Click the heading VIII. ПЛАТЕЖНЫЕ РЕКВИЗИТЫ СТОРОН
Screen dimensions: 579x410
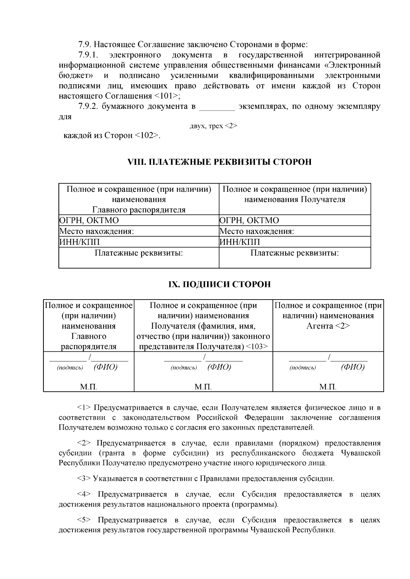(x=219, y=162)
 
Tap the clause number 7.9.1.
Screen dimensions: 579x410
(x=88, y=55)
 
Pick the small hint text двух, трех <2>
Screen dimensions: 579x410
(x=213, y=126)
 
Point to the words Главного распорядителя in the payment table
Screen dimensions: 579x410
(x=139, y=209)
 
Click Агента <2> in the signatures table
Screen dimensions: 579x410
(x=328, y=326)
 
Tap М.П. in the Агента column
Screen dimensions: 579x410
(x=328, y=387)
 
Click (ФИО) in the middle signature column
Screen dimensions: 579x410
(x=219, y=367)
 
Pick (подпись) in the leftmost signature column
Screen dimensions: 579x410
(x=70, y=368)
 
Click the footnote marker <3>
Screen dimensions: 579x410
(x=84, y=478)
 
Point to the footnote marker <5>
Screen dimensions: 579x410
(x=84, y=520)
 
